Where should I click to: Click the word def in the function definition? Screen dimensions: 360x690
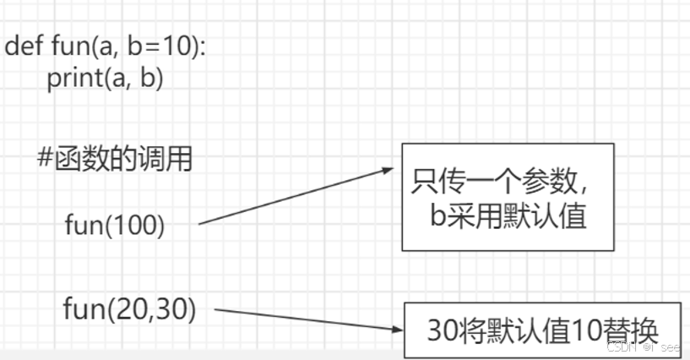pyautogui.click(x=24, y=46)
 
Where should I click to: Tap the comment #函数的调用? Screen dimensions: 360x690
pyautogui.click(x=116, y=158)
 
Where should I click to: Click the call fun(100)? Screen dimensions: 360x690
pyautogui.click(x=114, y=225)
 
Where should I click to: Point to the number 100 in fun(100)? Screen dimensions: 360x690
pyautogui.click(x=134, y=225)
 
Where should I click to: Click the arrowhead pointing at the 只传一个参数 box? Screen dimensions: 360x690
pyautogui.click(x=389, y=170)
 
